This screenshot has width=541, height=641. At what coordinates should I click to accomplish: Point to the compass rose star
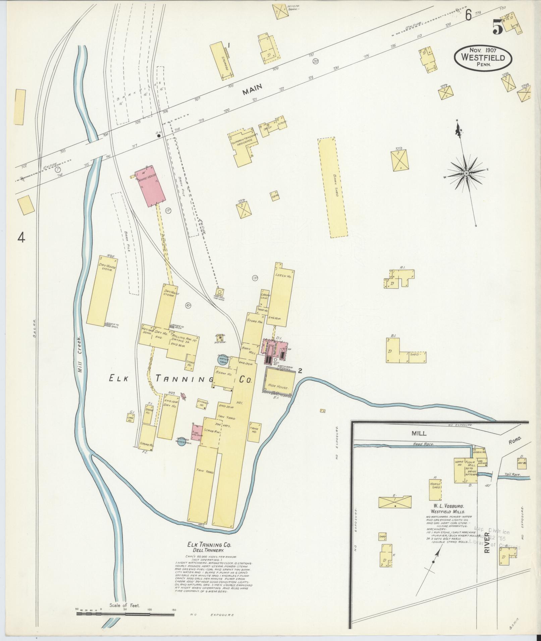(466, 173)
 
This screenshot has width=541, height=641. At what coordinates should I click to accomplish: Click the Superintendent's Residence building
(244, 146)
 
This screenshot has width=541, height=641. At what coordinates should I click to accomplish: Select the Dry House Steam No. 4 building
(102, 290)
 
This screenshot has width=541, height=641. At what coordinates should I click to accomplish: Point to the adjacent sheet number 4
(21, 238)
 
